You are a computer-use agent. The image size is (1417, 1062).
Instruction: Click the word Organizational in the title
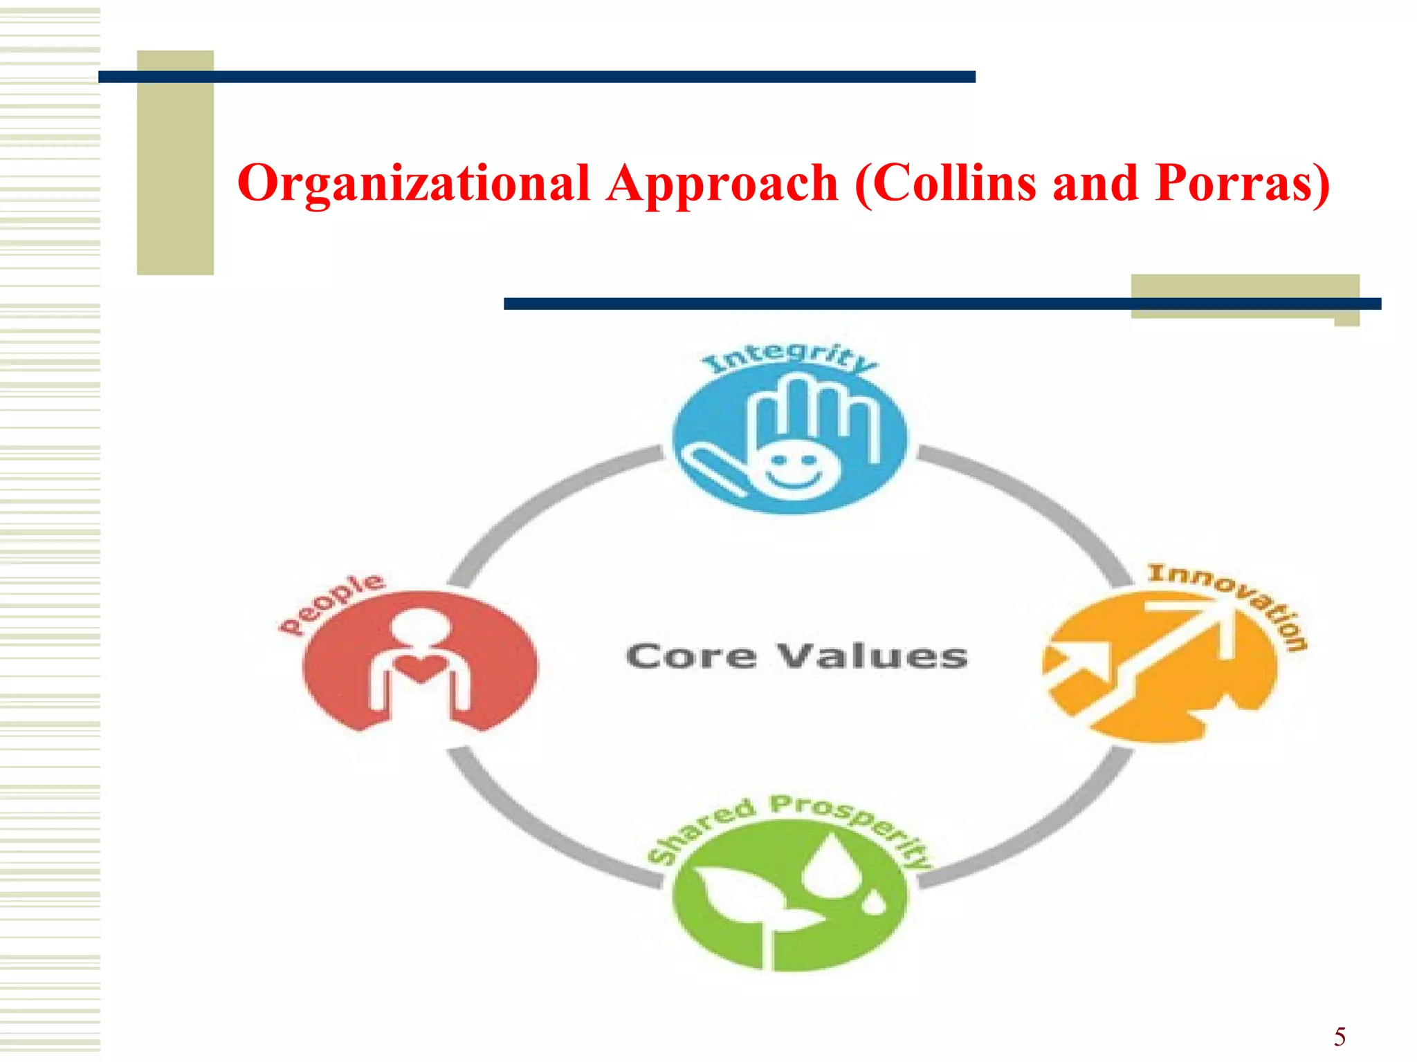pos(413,183)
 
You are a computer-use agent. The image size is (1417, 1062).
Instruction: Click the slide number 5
pos(1340,1037)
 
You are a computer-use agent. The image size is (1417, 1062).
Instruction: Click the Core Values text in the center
pos(796,656)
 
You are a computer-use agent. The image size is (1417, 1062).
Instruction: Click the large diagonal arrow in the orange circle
pos(1169,657)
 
